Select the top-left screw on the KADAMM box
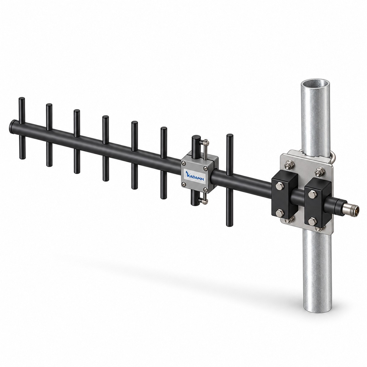coord(183,163)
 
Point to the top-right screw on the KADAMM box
coord(206,168)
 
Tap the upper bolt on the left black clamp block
coord(279,186)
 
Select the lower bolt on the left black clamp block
coord(279,212)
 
